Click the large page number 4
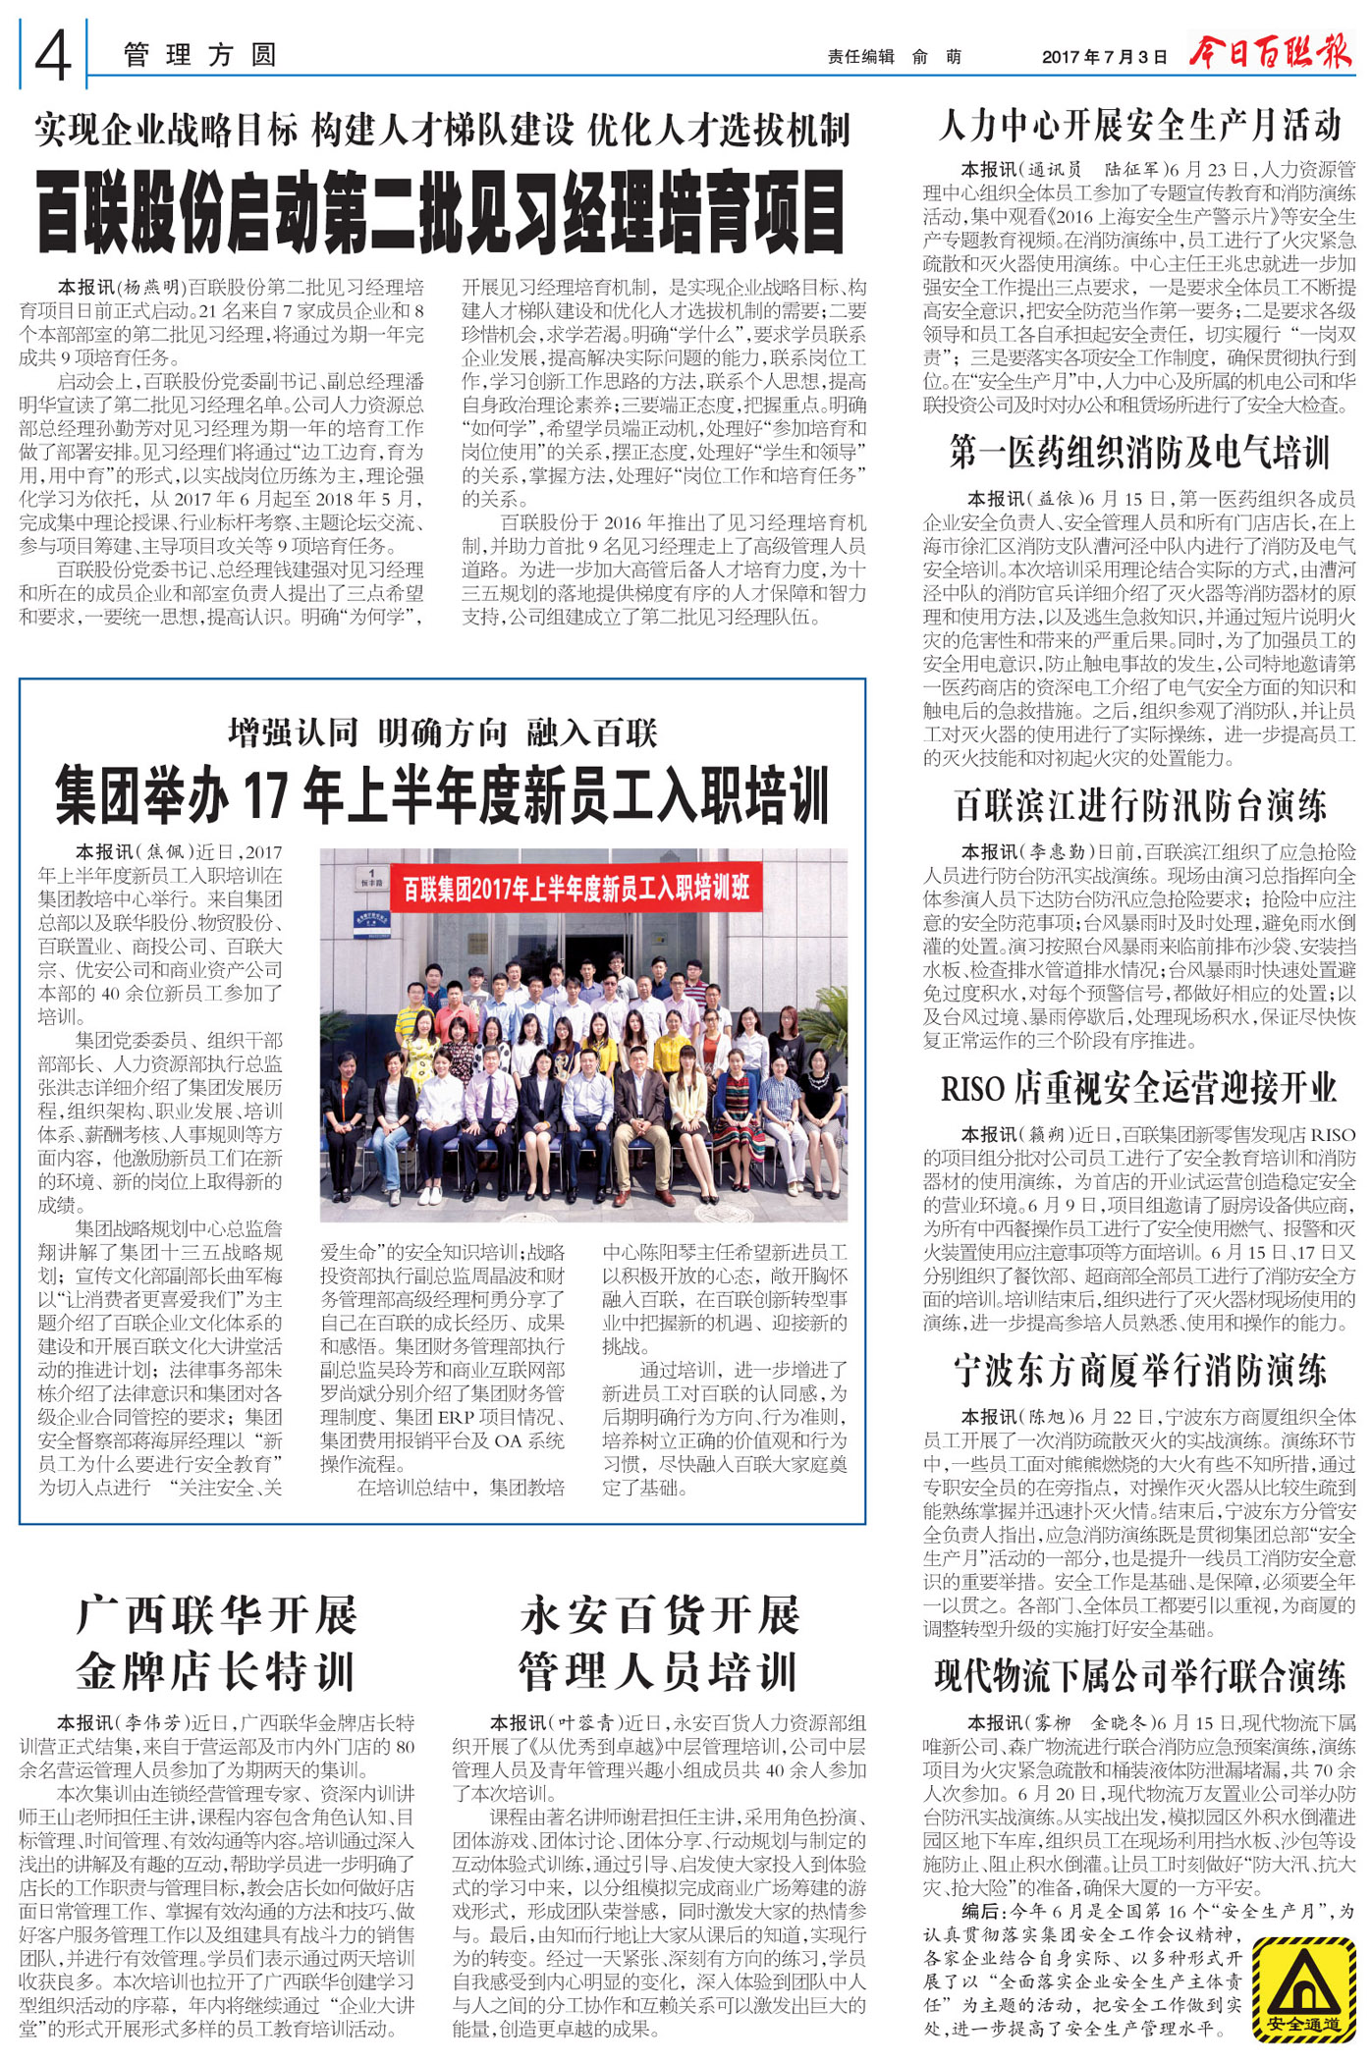(53, 55)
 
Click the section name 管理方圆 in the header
(200, 55)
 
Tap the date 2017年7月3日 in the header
(1104, 57)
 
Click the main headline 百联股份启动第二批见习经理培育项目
(441, 212)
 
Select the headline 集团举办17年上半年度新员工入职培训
(442, 794)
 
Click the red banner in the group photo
(576, 888)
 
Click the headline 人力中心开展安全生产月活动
(1139, 125)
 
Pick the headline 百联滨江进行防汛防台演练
(1139, 805)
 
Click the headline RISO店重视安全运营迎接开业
(1139, 1088)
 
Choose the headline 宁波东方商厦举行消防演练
(1139, 1371)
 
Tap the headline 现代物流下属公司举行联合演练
(1139, 1675)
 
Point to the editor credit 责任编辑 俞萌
(894, 57)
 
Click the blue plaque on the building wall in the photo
(371, 923)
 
